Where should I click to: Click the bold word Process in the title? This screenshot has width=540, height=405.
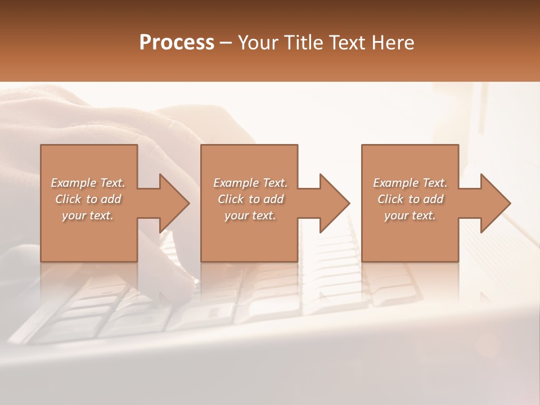pos(177,43)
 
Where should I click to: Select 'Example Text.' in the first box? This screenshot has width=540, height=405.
pos(88,183)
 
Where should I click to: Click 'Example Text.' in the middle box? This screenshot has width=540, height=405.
pos(250,183)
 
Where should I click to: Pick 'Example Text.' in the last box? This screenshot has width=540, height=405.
pos(410,183)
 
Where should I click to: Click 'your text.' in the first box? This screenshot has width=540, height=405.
pos(88,215)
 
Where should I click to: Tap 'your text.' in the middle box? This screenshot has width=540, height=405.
pos(250,215)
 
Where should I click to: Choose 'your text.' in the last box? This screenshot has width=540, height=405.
pos(410,215)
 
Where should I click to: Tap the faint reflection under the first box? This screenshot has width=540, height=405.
pos(88,281)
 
